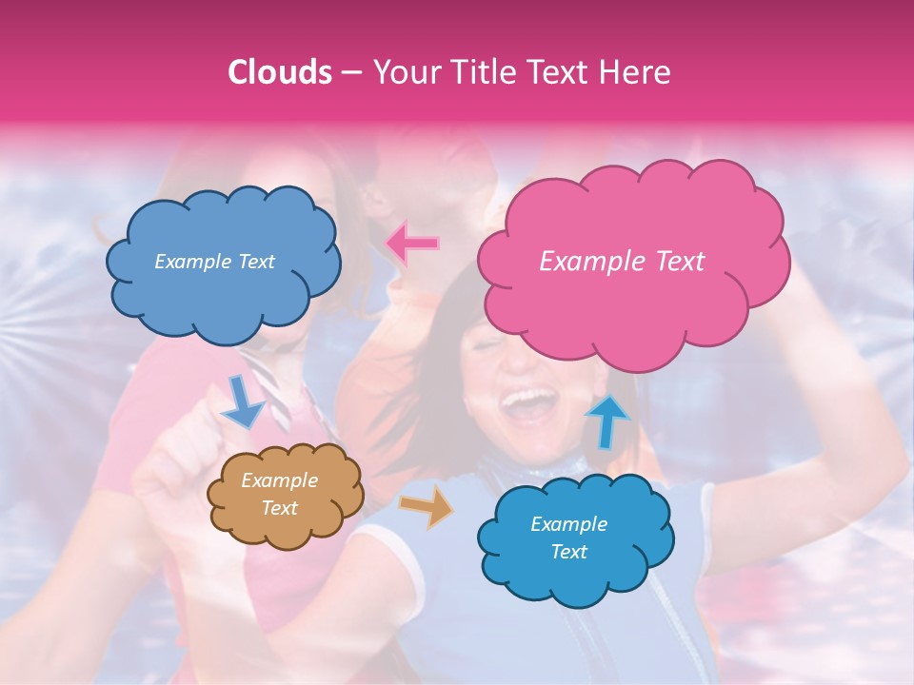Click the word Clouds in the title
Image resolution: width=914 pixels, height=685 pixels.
[280, 73]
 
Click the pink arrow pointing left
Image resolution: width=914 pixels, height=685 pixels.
[413, 244]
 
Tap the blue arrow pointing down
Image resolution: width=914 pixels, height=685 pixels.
[244, 401]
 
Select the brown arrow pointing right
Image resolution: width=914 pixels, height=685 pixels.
[426, 507]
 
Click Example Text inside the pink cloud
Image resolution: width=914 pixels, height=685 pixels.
[622, 262]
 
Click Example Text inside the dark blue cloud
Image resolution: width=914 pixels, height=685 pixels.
[214, 262]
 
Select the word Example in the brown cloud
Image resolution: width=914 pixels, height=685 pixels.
[279, 481]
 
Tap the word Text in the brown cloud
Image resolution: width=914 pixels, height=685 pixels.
[279, 508]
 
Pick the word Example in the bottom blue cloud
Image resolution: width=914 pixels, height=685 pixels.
[568, 524]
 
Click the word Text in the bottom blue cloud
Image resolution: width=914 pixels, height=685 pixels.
[568, 552]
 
